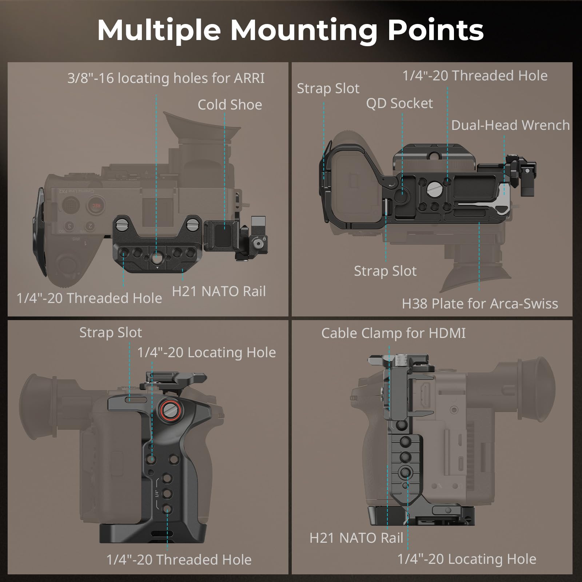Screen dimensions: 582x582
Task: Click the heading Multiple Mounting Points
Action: pos(290,30)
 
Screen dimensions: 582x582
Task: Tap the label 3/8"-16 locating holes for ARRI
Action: pos(166,78)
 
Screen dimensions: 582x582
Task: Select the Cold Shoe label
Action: pos(230,105)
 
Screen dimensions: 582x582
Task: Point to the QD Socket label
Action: pos(399,104)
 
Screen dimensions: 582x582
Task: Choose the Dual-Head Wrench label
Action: pos(510,125)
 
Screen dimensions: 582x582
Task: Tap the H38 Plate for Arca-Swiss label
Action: pos(480,304)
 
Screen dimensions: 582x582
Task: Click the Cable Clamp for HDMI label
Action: pos(393,333)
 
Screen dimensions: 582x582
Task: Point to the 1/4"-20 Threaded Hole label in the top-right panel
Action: pos(475,76)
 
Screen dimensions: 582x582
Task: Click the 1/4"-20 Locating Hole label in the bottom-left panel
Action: pos(206,352)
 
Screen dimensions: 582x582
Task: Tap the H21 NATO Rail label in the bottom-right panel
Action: pos(356,538)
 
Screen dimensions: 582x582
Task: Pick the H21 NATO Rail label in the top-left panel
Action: pos(219,291)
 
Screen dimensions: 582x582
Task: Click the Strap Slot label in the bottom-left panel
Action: pos(111,332)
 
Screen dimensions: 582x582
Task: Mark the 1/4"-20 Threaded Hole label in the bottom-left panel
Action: pos(179,560)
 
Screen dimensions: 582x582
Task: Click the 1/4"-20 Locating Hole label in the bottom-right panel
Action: pos(467,559)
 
